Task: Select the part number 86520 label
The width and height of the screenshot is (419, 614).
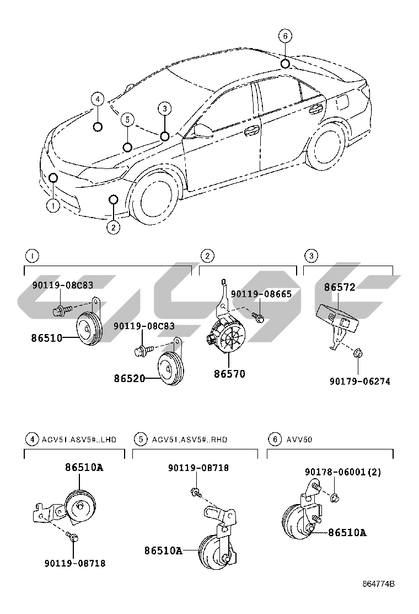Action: (x=130, y=379)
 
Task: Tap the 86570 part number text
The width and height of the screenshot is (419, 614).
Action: (x=230, y=374)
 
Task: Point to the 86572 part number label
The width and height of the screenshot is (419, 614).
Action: (x=340, y=287)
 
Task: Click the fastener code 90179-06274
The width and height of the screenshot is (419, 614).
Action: (x=360, y=382)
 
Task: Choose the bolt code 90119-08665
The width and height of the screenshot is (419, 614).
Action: (x=261, y=294)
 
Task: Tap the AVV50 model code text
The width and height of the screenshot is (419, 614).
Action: (x=299, y=440)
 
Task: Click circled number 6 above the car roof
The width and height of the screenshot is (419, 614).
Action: (x=284, y=37)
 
